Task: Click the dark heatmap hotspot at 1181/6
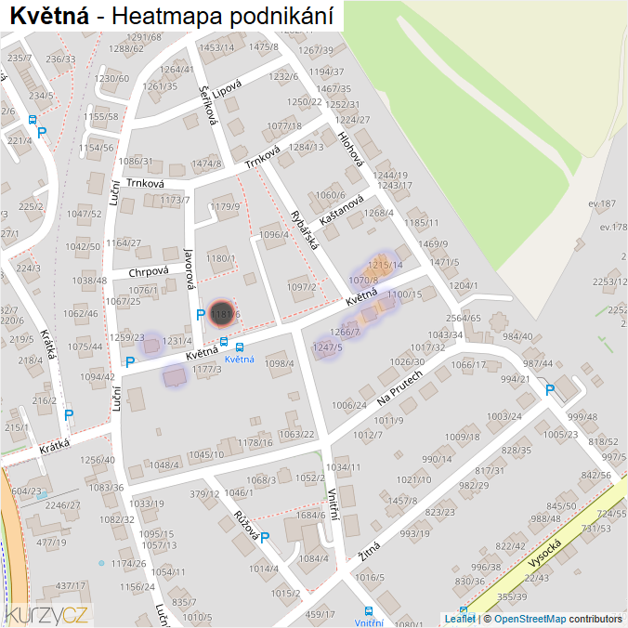point(222,314)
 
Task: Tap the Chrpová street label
point(149,271)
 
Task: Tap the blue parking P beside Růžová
point(265,538)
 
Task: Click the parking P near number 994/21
point(549,390)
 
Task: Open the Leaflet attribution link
point(459,619)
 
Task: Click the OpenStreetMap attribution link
point(530,619)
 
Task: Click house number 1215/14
point(386,266)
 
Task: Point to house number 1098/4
point(280,363)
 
